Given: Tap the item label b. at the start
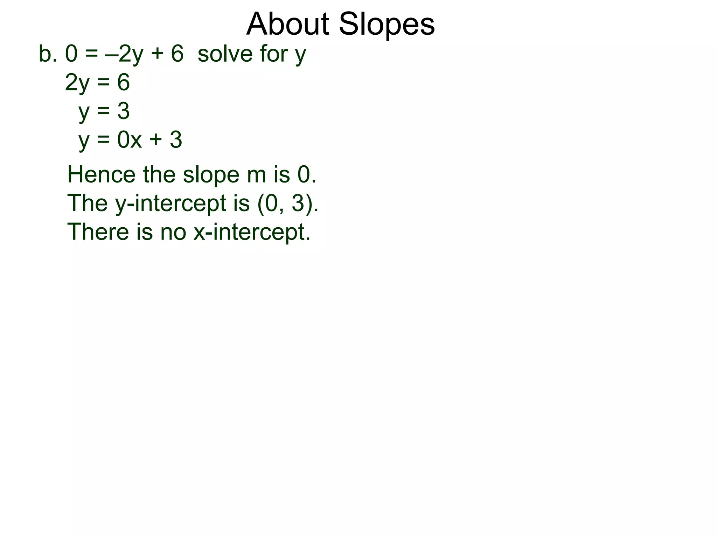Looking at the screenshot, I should [x=48, y=54].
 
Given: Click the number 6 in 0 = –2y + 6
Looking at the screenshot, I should [x=177, y=54].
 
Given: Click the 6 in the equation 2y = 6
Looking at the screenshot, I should [x=123, y=83].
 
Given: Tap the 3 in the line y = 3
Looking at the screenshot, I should [x=123, y=111].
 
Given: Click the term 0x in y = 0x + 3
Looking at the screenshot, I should [x=129, y=140].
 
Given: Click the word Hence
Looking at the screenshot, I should [x=101, y=174].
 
